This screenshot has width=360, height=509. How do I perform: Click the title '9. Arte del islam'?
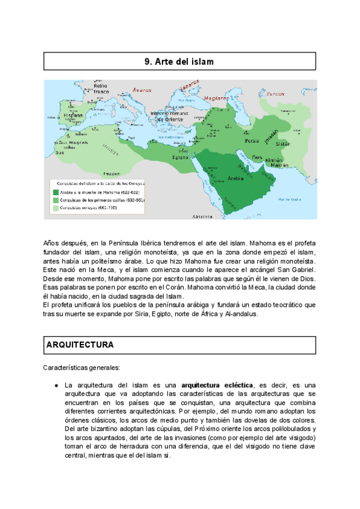(x=179, y=62)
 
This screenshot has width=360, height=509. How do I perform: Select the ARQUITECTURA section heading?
(x=80, y=345)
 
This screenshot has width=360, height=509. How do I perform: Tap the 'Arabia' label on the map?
(x=236, y=178)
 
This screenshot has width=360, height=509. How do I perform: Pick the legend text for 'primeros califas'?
(x=100, y=200)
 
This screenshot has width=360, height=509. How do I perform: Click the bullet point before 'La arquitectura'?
(x=55, y=385)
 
